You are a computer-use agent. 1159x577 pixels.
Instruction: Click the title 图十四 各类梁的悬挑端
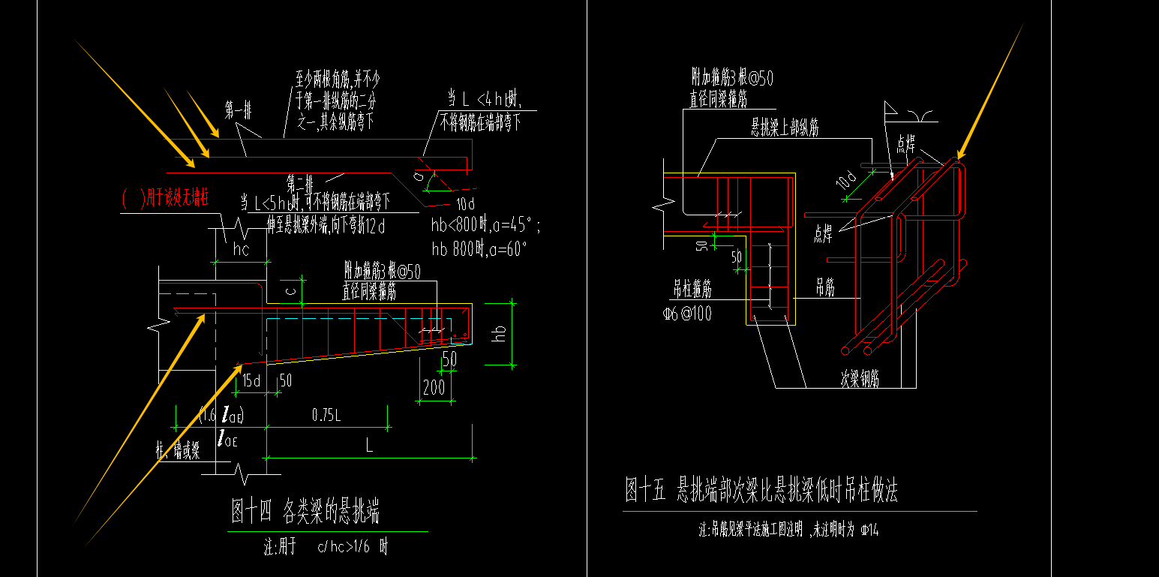305,512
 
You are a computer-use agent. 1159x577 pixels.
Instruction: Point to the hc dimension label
242,250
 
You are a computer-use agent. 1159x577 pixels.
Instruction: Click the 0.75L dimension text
327,414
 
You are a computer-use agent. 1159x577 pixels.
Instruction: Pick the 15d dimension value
251,381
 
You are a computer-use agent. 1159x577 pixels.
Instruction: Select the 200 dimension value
434,387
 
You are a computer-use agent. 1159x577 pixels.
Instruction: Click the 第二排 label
299,182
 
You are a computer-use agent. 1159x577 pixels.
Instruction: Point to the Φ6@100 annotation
687,314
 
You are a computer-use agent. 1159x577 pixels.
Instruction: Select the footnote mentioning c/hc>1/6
326,547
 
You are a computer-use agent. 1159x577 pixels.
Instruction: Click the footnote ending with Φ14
788,530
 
